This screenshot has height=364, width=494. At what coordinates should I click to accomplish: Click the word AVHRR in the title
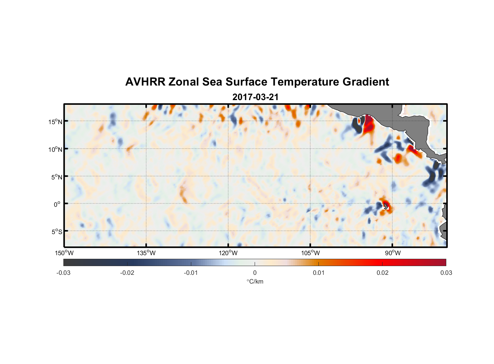click(x=145, y=82)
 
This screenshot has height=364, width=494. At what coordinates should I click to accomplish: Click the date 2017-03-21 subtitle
click(x=255, y=97)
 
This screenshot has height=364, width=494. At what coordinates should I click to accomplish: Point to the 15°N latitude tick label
click(x=55, y=122)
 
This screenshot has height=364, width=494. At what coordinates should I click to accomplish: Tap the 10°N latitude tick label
click(x=55, y=149)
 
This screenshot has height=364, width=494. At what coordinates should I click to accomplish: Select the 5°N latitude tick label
click(x=56, y=177)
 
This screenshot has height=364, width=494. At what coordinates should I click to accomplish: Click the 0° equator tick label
click(x=57, y=205)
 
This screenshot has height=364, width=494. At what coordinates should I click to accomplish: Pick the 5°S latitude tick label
click(x=56, y=232)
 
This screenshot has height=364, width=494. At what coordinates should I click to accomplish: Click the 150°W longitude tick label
click(x=64, y=253)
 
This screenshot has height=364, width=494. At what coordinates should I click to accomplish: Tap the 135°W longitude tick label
click(x=146, y=253)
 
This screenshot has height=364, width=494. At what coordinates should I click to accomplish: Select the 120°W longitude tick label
click(x=228, y=253)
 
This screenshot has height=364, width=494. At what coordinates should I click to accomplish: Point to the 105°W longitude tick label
click(x=310, y=253)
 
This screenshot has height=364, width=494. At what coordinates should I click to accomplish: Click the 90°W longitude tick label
click(x=393, y=253)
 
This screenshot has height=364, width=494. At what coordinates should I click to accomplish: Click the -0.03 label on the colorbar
click(x=63, y=273)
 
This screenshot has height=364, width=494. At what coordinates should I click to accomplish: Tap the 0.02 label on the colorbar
click(x=383, y=273)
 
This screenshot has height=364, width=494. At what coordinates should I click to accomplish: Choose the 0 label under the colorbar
click(x=255, y=273)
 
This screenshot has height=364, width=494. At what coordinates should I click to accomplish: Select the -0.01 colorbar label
click(x=191, y=273)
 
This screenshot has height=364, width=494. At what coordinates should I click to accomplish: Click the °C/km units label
click(x=255, y=281)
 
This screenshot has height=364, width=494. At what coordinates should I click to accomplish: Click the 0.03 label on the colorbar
click(x=446, y=273)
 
